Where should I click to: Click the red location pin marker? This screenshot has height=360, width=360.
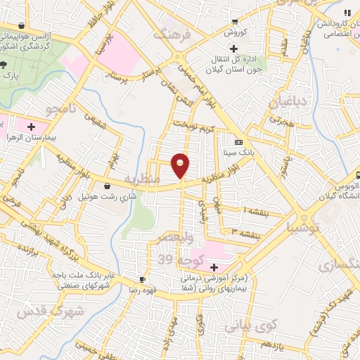click(x=181, y=165)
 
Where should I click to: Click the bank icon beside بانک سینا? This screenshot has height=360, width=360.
click(x=238, y=141)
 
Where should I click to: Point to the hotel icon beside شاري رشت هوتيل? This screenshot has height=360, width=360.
click(x=107, y=186)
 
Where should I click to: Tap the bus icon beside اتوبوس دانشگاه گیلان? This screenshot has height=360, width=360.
click(x=356, y=175)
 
